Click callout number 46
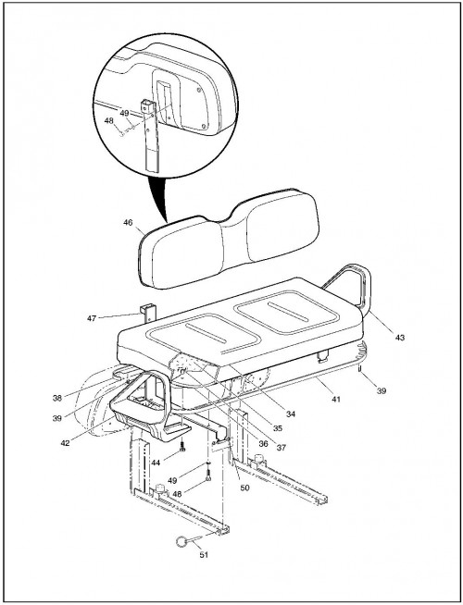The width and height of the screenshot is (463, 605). coord(128,223)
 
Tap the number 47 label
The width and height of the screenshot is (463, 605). coord(92,319)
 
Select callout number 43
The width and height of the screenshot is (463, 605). coord(400,338)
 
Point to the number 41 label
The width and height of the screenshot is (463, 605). coord(336,400)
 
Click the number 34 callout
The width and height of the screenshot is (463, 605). coord(291,414)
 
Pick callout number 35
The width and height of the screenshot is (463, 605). coord(277,428)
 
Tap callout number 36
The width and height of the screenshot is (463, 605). coord(263,444)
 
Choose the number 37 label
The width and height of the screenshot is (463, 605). coord(282,448)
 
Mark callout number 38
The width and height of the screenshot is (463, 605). coord(57,398)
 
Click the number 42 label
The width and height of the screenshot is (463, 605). coord(65,443)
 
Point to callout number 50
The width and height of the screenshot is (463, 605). coord(244,488)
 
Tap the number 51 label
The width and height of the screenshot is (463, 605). coord(204,555)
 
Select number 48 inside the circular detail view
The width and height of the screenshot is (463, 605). coord(109,121)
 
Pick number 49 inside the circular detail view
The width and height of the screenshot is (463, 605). coord(124,114)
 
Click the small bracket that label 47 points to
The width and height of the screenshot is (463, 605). coord(148,313)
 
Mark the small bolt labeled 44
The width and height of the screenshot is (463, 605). coord(183,447)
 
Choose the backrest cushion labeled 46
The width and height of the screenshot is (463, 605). coord(229,240)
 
